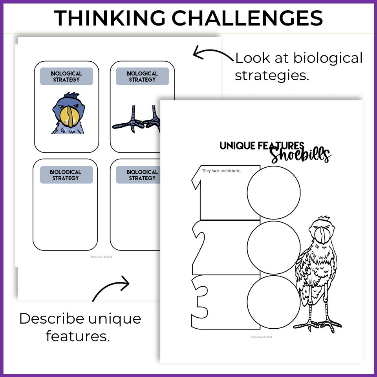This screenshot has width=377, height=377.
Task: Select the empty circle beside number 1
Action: coord(273,192)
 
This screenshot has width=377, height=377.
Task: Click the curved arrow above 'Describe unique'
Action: coord(111,289)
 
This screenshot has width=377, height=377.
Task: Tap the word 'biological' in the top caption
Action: coord(328,58)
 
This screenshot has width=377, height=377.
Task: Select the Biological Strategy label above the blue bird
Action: coord(66,76)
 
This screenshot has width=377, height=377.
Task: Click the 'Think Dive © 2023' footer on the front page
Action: coord(261,337)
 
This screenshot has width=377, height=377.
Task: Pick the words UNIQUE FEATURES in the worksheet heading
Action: coord(262,146)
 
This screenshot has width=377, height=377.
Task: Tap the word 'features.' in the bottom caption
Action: coord(77,336)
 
